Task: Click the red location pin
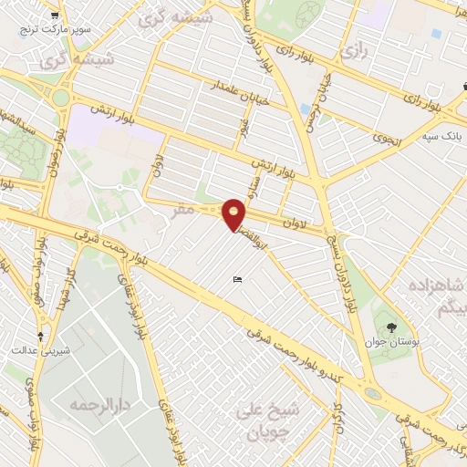click(235, 213)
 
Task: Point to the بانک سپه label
click(441, 137)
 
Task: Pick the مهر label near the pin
click(183, 209)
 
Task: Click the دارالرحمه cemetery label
click(102, 403)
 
